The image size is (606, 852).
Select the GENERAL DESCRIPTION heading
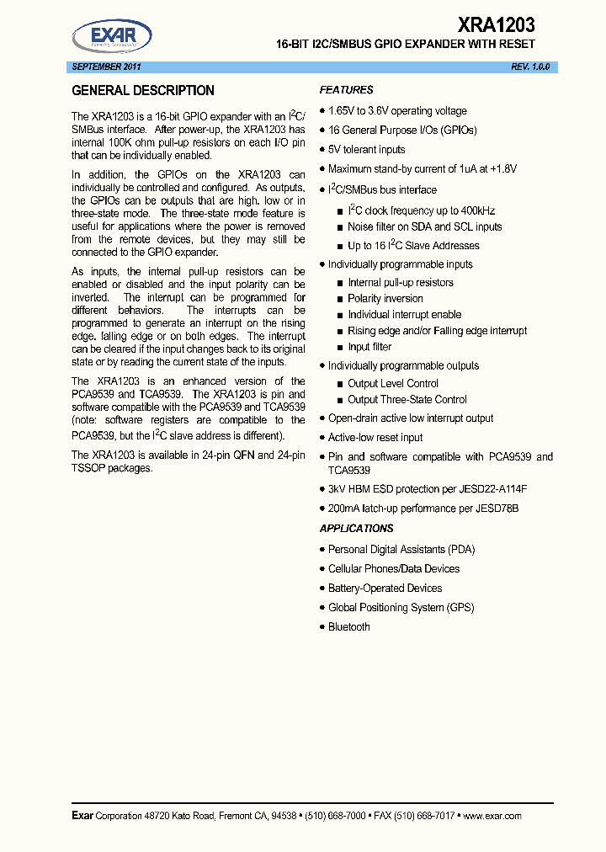click(x=143, y=91)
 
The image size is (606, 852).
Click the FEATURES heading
click(x=346, y=90)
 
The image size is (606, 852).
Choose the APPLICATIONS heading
click(x=356, y=529)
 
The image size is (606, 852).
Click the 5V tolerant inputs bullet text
click(x=366, y=149)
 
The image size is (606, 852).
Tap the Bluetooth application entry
click(x=348, y=627)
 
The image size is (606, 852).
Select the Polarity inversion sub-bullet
click(x=385, y=299)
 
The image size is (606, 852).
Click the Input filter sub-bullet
click(x=369, y=347)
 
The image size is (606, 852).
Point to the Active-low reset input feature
click(x=375, y=438)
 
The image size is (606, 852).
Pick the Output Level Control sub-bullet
click(x=393, y=384)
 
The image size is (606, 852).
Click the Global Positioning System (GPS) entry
click(x=401, y=608)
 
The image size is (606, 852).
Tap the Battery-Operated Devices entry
click(x=385, y=588)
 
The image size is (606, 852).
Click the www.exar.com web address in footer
click(x=492, y=816)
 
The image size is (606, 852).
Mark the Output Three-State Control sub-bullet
click(x=407, y=400)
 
